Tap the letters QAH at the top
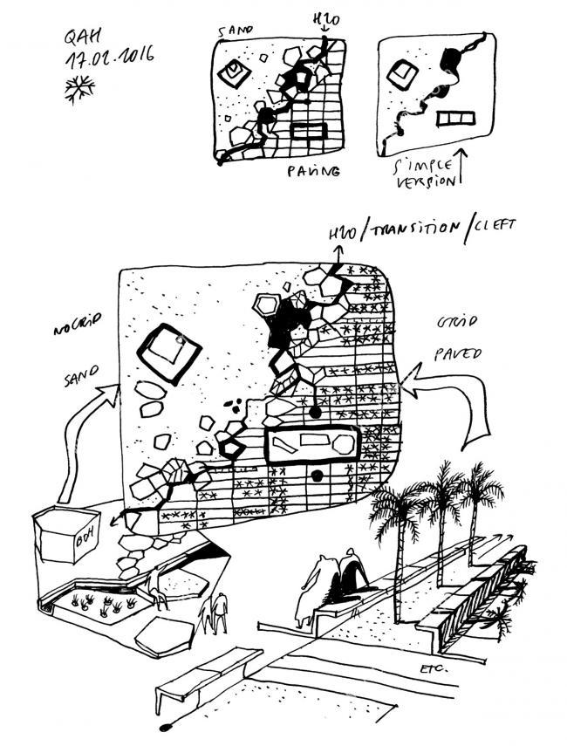click(84, 37)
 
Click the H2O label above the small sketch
click(324, 19)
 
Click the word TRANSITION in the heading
click(414, 228)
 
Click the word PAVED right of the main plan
click(456, 355)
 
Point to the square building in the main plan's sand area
click(168, 353)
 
